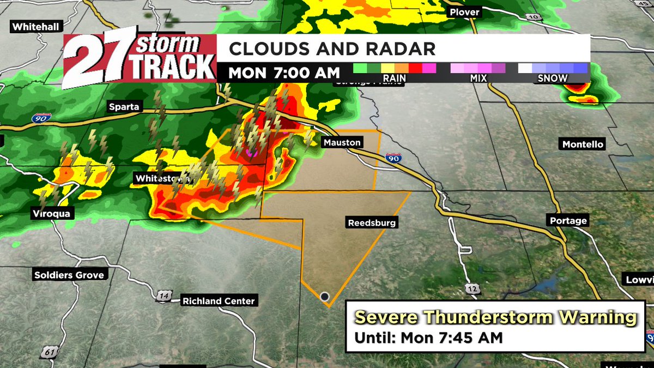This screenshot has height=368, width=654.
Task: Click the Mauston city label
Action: click(342, 142)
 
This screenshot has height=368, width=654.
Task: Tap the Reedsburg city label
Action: click(372, 222)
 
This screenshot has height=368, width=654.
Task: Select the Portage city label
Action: click(568, 221)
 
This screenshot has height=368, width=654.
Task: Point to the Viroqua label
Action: click(50, 214)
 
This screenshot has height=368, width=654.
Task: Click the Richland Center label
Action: click(219, 301)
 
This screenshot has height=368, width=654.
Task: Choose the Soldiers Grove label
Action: click(69, 275)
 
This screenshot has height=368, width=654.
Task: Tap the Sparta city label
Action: click(123, 107)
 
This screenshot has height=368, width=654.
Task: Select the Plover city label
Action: click(464, 12)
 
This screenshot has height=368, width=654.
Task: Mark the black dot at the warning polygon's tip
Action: click(325, 297)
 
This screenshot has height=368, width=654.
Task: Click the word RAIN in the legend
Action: click(394, 79)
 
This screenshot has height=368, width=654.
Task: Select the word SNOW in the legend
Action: click(553, 79)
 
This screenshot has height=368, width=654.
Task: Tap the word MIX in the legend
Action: click(478, 79)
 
